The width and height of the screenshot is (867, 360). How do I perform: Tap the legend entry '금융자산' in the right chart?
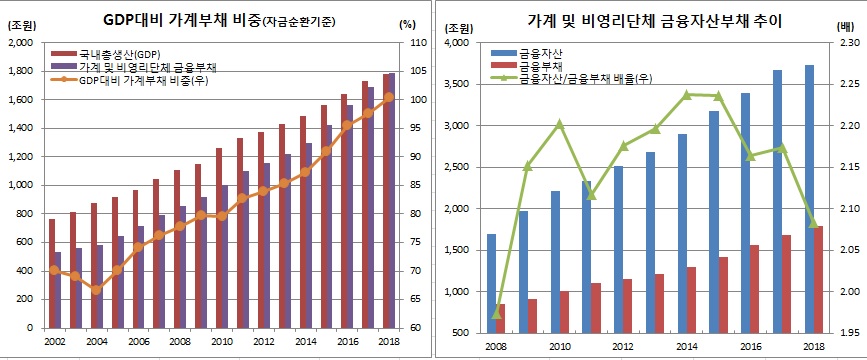pos(540,51)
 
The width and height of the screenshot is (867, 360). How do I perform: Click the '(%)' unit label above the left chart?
pos(405,24)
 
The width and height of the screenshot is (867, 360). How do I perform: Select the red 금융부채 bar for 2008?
pos(501,318)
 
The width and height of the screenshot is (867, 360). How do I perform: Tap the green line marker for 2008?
pos(496,313)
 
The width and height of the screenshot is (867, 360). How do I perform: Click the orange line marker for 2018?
pos(388,97)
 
